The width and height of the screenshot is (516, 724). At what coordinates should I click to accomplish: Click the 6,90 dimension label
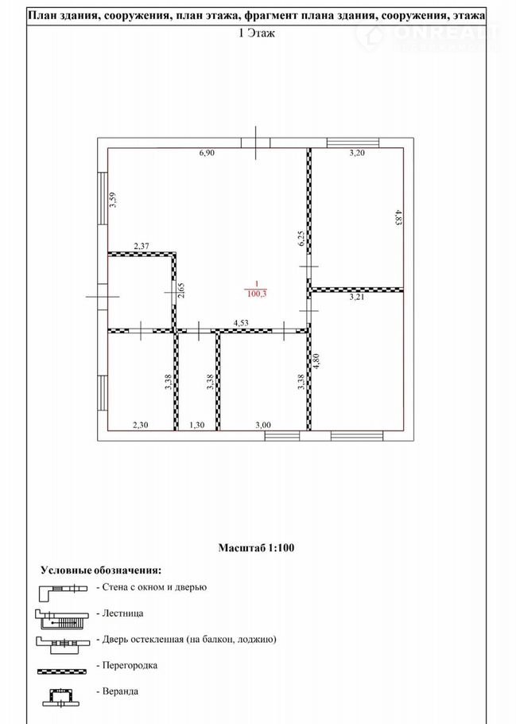click(207, 154)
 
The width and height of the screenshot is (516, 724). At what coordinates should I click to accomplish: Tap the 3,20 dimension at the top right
click(357, 154)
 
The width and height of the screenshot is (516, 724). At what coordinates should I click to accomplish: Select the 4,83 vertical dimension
click(398, 217)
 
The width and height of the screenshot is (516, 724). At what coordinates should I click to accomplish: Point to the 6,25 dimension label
click(301, 239)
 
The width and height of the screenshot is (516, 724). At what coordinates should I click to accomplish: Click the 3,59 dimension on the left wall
click(112, 200)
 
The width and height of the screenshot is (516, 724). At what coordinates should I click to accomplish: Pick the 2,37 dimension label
click(142, 247)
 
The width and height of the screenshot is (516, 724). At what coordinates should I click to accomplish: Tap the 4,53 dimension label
click(241, 323)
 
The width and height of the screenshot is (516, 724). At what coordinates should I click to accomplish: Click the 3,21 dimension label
click(357, 298)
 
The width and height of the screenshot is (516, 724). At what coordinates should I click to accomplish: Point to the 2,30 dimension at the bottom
click(140, 426)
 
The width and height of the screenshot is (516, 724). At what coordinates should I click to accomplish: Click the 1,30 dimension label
click(197, 426)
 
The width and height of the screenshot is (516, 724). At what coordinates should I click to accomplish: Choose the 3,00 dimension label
click(263, 426)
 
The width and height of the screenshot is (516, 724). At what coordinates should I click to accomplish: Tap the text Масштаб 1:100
click(256, 548)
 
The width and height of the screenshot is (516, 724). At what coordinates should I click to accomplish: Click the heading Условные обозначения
click(101, 570)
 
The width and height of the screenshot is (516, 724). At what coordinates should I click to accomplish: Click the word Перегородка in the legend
click(130, 665)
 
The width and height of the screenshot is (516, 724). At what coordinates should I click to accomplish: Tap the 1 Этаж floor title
click(257, 33)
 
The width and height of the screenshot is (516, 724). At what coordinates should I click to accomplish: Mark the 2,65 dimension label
click(181, 290)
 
